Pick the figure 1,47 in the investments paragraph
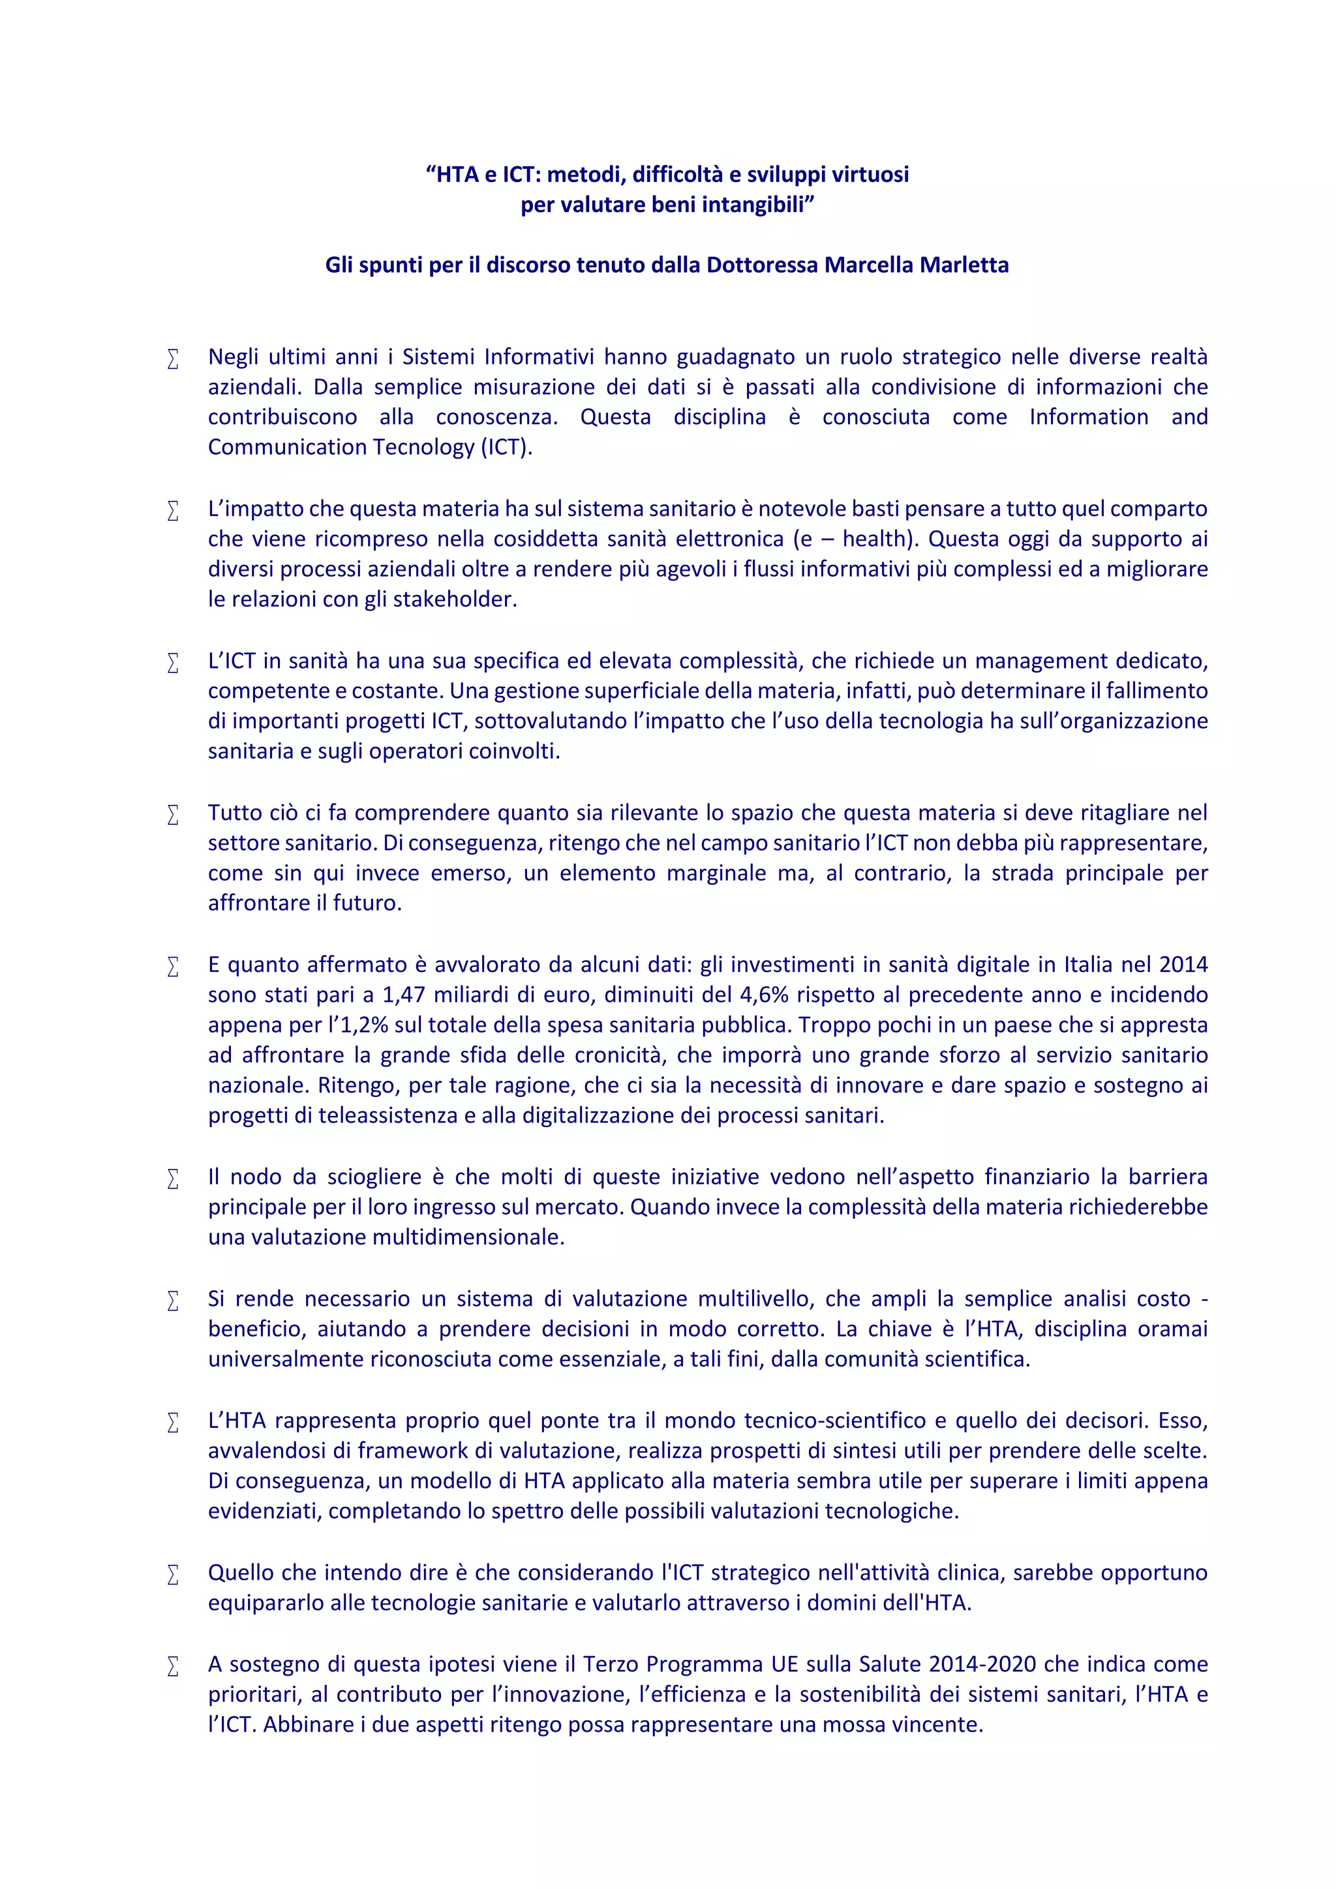403,995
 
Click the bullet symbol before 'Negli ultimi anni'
173,359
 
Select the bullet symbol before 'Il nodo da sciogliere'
173,1179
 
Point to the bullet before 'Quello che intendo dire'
173,1575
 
